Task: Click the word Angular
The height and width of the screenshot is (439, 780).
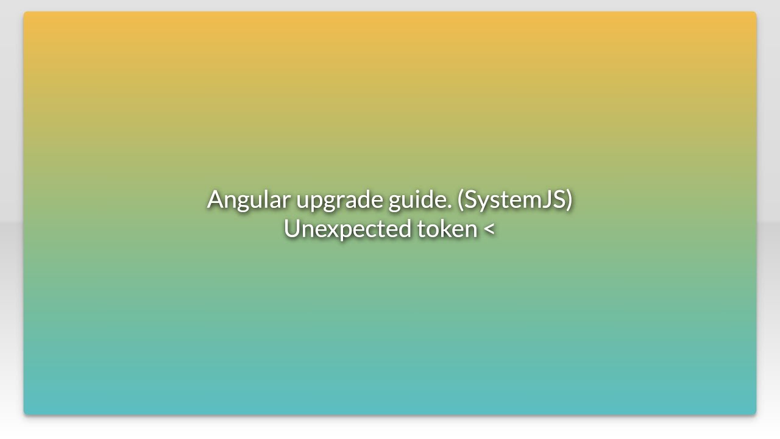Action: click(x=248, y=199)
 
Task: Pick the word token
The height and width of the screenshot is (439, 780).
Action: click(x=447, y=229)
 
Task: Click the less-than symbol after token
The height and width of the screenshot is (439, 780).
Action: click(x=489, y=229)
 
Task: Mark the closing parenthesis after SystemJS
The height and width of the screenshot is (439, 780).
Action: click(x=569, y=200)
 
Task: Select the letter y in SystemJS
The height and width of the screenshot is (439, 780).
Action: click(x=484, y=203)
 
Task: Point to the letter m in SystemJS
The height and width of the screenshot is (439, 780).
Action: click(x=527, y=201)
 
